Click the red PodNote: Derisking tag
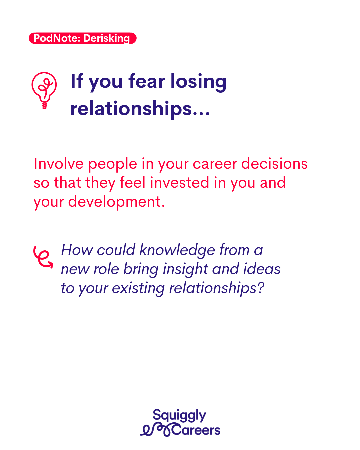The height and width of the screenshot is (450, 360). (83, 38)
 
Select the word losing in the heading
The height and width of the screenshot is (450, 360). (199, 82)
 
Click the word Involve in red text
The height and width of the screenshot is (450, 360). (59, 163)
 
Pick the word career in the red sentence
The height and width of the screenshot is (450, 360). (215, 164)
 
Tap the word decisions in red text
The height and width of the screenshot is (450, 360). (274, 163)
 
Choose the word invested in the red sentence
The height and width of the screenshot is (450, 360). (179, 182)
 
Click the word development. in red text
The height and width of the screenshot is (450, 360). (117, 202)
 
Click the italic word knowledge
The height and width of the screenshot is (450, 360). (177, 251)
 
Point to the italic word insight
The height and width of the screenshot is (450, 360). (185, 269)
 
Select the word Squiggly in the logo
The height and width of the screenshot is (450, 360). (179, 415)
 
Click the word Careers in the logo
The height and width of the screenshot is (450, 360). (196, 430)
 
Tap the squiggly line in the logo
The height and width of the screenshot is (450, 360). (156, 430)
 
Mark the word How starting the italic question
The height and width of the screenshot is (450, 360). (77, 250)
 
